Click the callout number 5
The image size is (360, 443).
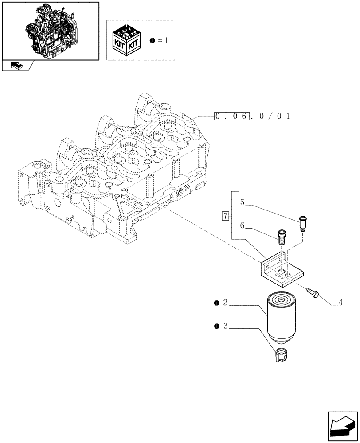point(242,202)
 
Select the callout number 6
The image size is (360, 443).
point(242,225)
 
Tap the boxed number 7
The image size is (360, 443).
point(226,216)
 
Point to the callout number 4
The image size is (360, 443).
point(340,303)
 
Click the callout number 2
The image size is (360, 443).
point(225,303)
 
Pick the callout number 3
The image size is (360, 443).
point(225,327)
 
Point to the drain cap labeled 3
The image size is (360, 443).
point(281,355)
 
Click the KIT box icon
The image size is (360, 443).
point(128,40)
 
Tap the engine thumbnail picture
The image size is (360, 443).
point(50,30)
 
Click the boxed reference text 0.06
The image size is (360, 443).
point(231,117)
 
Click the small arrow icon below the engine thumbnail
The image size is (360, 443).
point(16,66)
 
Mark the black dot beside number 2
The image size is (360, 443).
point(216,303)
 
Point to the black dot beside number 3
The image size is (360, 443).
point(216,327)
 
